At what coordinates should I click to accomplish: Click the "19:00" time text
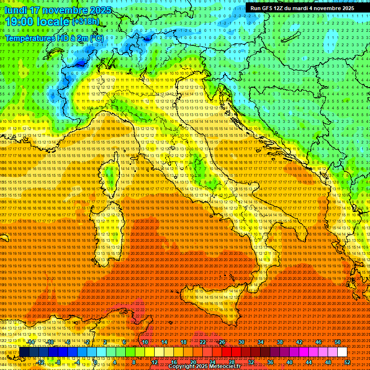point(19,22)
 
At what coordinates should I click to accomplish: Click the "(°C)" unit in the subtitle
point(96,37)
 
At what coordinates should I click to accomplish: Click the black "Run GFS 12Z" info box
point(302,8)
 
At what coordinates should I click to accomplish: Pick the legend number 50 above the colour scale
point(337,342)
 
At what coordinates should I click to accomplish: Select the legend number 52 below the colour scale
point(347,362)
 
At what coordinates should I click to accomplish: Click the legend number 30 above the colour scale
point(241,342)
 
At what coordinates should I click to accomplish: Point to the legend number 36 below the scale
point(270,362)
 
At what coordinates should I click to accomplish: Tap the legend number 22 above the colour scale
point(202,342)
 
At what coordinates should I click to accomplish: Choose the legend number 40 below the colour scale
point(289,362)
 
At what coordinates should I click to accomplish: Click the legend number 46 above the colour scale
point(318,342)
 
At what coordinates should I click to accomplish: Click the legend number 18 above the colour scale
point(183,342)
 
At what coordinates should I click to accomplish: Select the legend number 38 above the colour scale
point(279,342)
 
